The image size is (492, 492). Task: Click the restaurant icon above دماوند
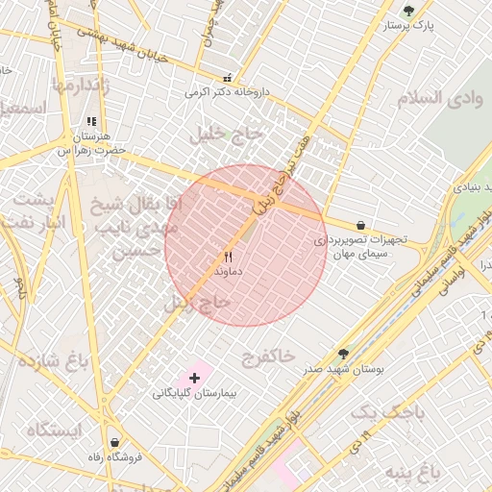click(228, 257)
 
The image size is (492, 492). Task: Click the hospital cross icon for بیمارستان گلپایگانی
click(195, 379)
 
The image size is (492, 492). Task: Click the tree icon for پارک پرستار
click(408, 12)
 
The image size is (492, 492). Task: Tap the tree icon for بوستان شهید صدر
click(343, 355)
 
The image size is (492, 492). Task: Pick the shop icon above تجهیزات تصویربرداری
click(360, 225)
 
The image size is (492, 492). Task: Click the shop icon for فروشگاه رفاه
click(115, 442)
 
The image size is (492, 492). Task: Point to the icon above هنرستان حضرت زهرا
click(91, 122)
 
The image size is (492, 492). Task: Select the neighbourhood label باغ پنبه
click(412, 472)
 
